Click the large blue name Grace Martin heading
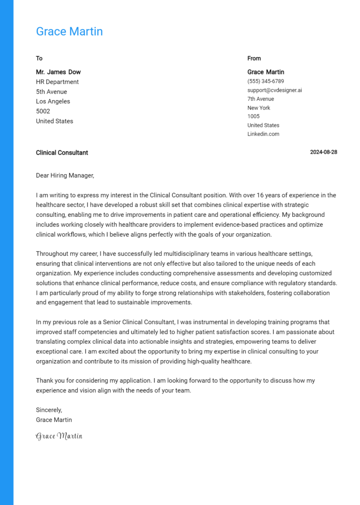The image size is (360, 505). coord(69,31)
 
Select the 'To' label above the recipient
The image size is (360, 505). coord(39,58)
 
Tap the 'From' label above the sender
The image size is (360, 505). coord(254,58)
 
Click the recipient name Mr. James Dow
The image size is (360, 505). coord(58,72)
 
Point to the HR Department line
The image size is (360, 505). coord(57,82)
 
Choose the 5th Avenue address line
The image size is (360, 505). coord(52,92)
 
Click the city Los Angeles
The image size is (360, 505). coord(53,102)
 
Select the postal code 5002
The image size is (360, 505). coord(43,111)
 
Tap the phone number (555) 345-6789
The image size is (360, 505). coord(265,81)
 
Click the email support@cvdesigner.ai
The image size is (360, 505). coord(275,90)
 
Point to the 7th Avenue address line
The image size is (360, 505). coord(261,99)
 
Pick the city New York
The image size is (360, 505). coord(259,108)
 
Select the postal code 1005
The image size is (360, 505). coord(253,116)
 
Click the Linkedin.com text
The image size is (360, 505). coord(263,134)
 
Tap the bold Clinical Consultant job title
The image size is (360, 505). coord(62,153)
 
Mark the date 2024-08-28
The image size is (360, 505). coord(323,153)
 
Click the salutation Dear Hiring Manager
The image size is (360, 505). coord(65,176)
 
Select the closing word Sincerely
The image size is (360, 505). coord(49,410)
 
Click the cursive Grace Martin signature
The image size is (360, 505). coord(59,436)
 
